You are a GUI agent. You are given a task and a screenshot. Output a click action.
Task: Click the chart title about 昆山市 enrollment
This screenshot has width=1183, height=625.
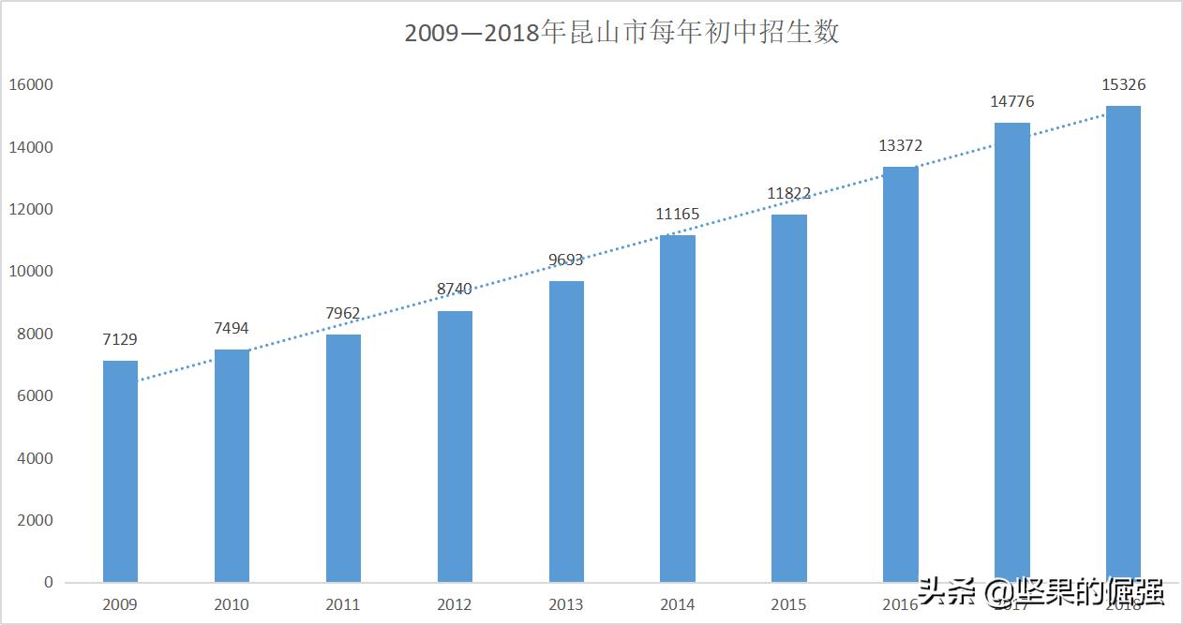[x=621, y=33]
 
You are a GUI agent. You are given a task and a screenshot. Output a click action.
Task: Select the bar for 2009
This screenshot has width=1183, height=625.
[x=120, y=471]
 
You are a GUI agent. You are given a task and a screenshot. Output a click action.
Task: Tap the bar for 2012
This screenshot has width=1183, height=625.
[x=455, y=446]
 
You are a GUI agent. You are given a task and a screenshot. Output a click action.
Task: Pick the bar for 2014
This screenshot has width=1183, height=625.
[x=678, y=409]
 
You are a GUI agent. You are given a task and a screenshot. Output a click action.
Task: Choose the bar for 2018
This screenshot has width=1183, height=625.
[x=1123, y=344]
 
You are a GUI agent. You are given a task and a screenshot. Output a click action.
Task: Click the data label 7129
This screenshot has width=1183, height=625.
[x=120, y=339]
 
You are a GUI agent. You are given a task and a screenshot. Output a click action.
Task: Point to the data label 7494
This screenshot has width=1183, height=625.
[x=232, y=328]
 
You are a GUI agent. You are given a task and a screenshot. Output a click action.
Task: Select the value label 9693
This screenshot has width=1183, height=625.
[x=566, y=260]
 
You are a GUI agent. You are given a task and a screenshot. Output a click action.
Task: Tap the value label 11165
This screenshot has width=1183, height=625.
[x=678, y=214]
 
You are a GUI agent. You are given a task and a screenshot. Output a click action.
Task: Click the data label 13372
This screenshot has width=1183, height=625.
[x=901, y=145]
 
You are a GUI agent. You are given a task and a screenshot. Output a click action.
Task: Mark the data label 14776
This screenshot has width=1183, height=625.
[x=1012, y=101]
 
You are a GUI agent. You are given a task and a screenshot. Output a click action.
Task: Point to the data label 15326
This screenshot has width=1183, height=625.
[x=1123, y=84]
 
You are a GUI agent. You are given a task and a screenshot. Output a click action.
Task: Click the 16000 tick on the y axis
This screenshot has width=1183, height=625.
[x=31, y=85]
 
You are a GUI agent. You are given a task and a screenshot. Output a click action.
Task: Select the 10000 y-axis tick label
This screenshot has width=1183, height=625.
[x=31, y=272]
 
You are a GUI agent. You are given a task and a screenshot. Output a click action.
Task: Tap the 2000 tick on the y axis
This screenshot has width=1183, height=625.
[x=35, y=520]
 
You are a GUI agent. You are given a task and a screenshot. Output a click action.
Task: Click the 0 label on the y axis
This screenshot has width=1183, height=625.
[x=48, y=582]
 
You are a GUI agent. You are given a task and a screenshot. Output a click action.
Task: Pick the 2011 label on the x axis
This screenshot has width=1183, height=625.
[x=343, y=604]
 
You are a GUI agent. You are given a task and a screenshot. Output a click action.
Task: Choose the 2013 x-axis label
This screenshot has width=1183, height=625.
[x=566, y=604]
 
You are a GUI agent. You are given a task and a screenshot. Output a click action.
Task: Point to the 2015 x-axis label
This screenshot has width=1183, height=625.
[x=788, y=604]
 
